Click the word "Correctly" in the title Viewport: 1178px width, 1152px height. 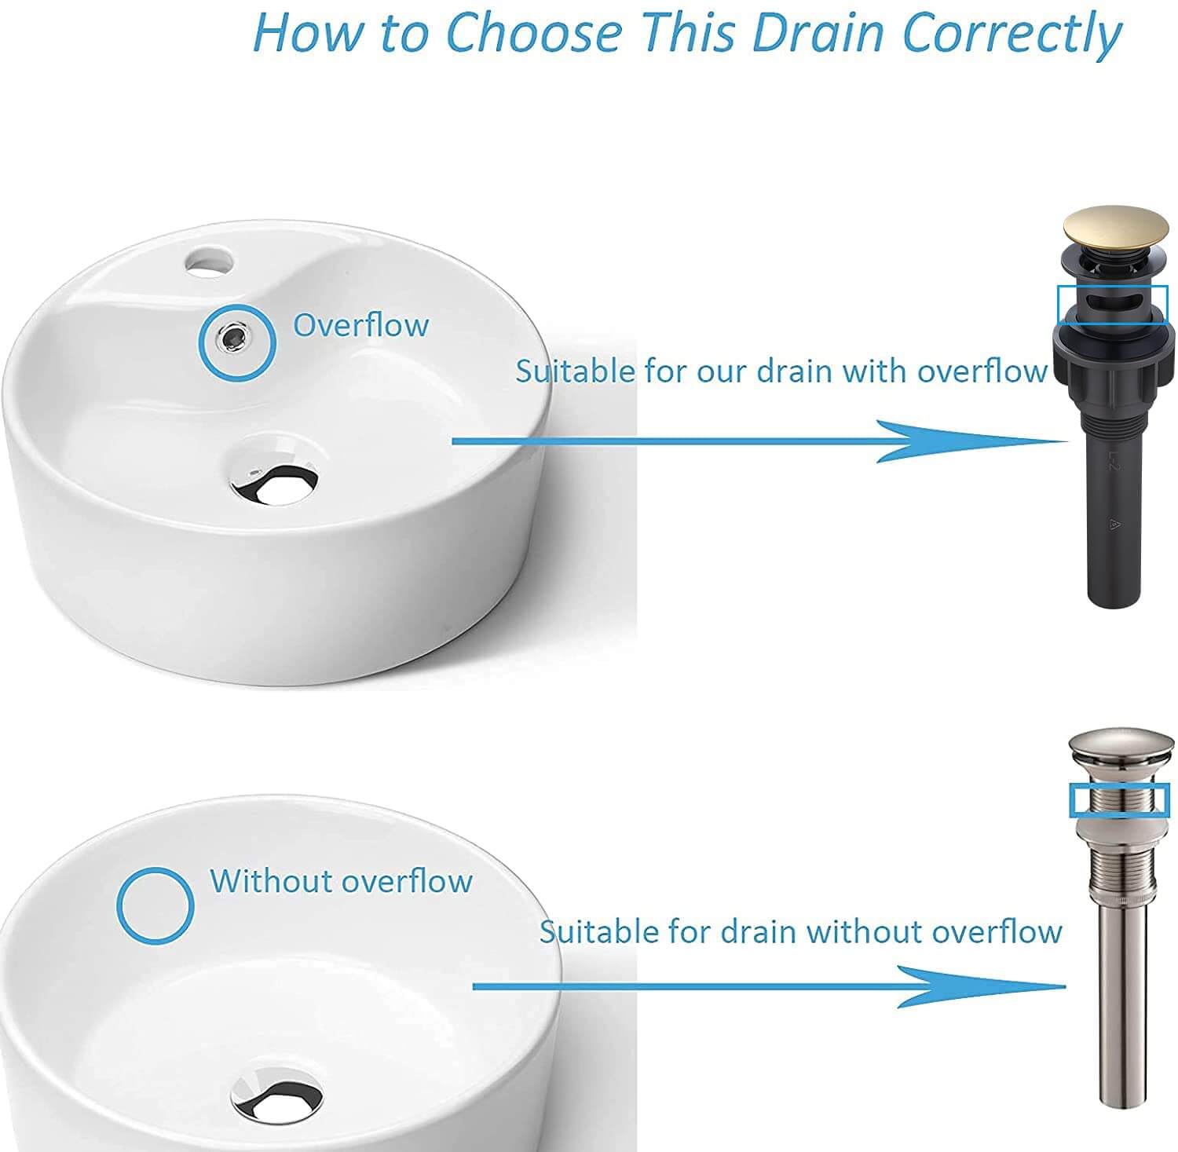point(1012,33)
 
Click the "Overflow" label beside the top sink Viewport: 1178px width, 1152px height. point(360,325)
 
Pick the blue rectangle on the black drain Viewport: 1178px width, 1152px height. point(1113,304)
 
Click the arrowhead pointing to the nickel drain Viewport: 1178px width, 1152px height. point(981,986)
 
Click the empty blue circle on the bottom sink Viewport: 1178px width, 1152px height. point(155,905)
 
